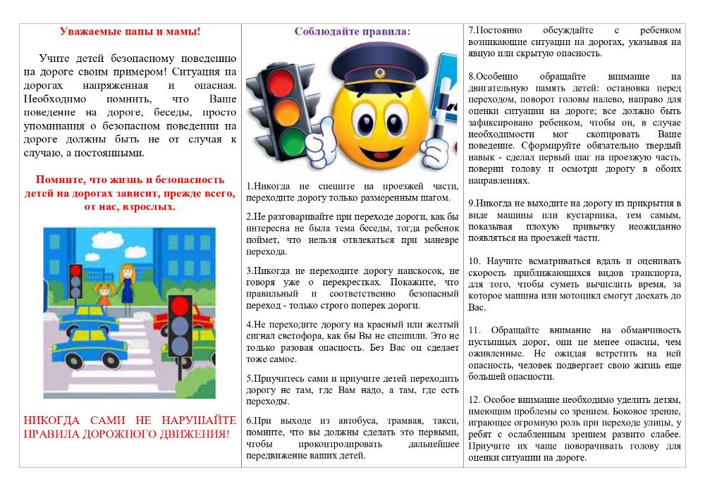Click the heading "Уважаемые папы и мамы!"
coord(130,32)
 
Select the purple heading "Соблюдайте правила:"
coord(352,32)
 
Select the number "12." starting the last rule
coord(476,400)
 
